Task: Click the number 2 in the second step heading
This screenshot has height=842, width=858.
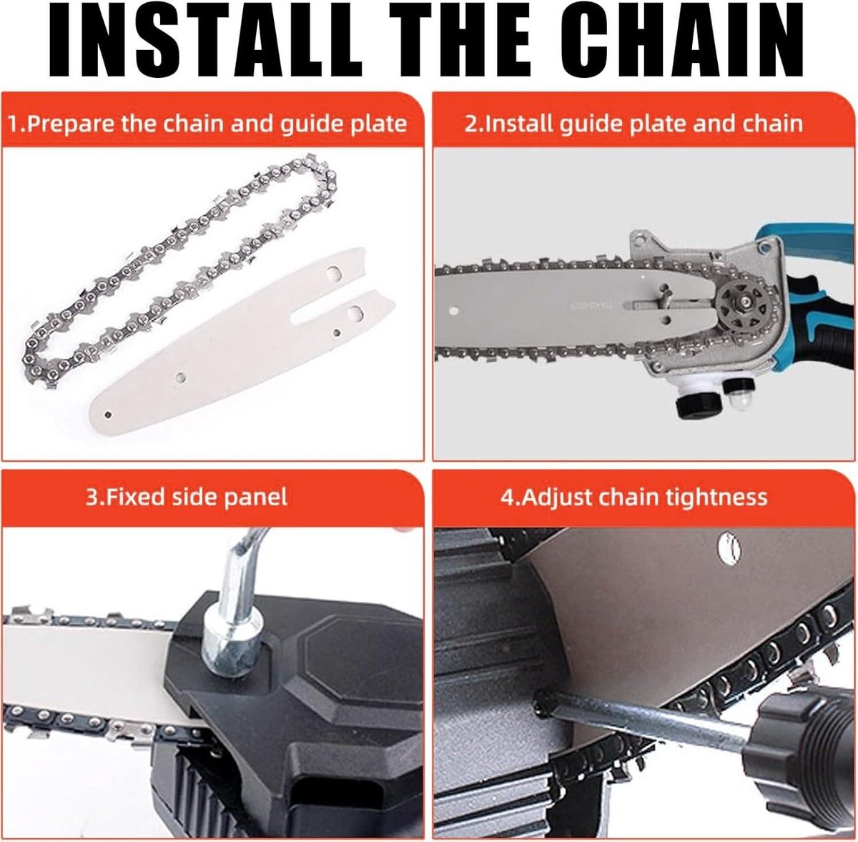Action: (470, 124)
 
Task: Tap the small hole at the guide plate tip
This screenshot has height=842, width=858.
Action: (108, 415)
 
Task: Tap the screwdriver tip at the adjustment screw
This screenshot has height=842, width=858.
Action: (540, 703)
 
